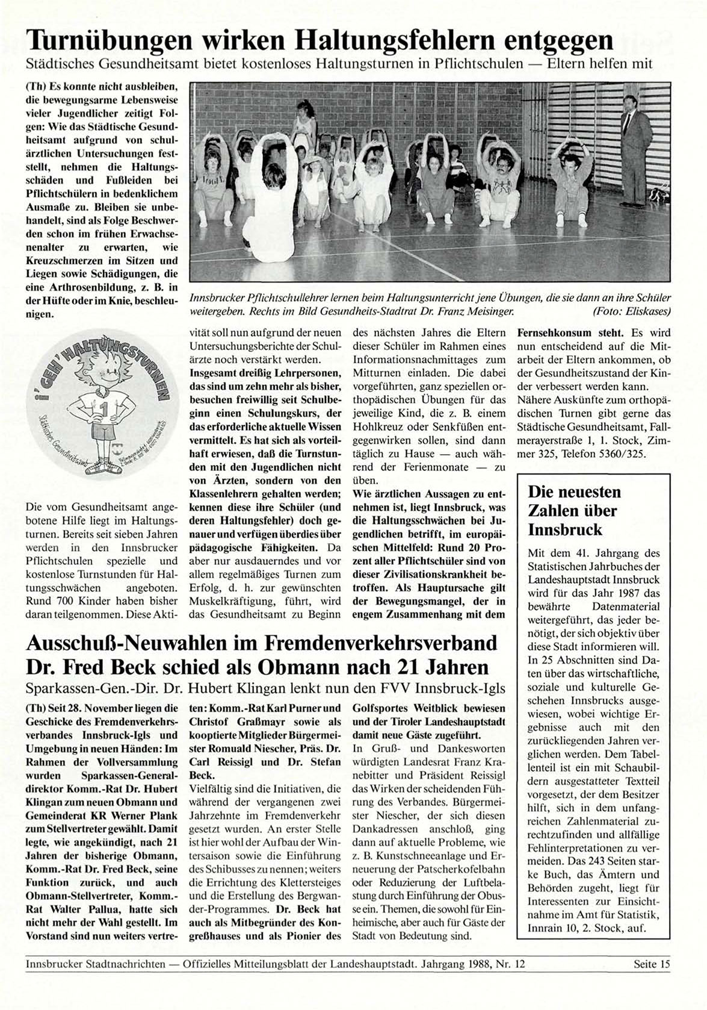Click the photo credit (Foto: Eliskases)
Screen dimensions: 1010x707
tap(631, 311)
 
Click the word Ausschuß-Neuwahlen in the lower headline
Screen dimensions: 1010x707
tap(125, 644)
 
